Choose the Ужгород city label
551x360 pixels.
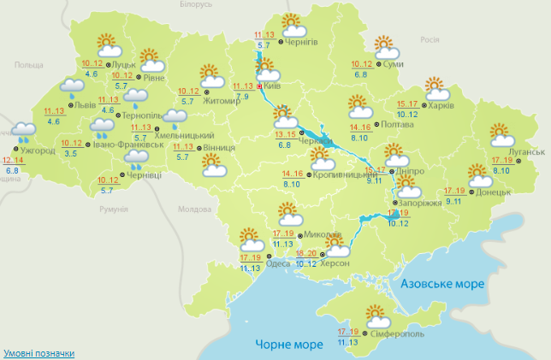point(40,151)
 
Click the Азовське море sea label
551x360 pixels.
point(443,283)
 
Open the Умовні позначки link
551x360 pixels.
point(39,353)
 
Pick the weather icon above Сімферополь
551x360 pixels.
point(377,316)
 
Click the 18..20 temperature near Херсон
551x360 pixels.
point(305,253)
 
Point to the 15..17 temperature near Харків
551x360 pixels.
point(407,104)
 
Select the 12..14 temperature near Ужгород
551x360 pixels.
point(13,161)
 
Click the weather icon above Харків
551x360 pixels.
point(437,87)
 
